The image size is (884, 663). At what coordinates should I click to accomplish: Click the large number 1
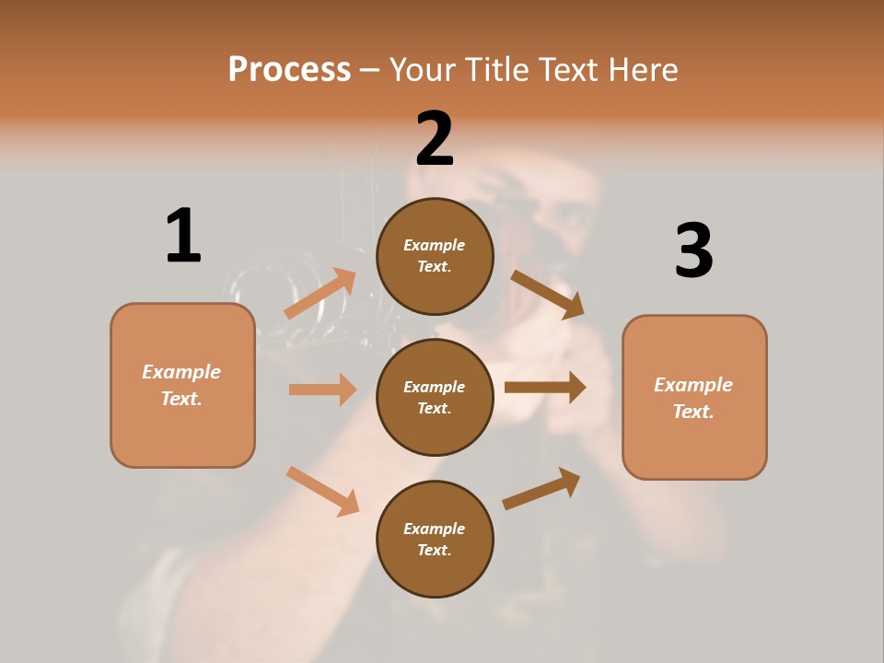(x=183, y=236)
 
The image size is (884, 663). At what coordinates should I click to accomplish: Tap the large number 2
(x=435, y=139)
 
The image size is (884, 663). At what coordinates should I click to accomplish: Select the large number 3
(x=693, y=250)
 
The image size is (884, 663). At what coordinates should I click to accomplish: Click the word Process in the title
(x=289, y=69)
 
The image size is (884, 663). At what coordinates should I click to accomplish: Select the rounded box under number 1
(x=182, y=385)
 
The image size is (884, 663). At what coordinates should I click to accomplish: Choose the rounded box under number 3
(x=694, y=398)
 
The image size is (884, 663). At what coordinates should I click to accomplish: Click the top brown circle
(x=435, y=256)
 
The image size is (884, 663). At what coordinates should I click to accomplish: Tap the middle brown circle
(x=435, y=397)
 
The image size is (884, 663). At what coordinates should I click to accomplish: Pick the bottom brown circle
(x=435, y=539)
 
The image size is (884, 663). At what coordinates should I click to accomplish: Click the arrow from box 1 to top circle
(x=320, y=293)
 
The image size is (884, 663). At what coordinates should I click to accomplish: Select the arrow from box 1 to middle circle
(x=322, y=390)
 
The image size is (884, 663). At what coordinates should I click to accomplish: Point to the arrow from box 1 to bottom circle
(x=322, y=491)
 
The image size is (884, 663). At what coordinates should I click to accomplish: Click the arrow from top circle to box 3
(x=548, y=294)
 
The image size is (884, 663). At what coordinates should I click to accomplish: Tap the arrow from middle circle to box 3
(x=545, y=388)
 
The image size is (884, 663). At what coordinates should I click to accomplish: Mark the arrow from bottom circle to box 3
(x=541, y=488)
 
